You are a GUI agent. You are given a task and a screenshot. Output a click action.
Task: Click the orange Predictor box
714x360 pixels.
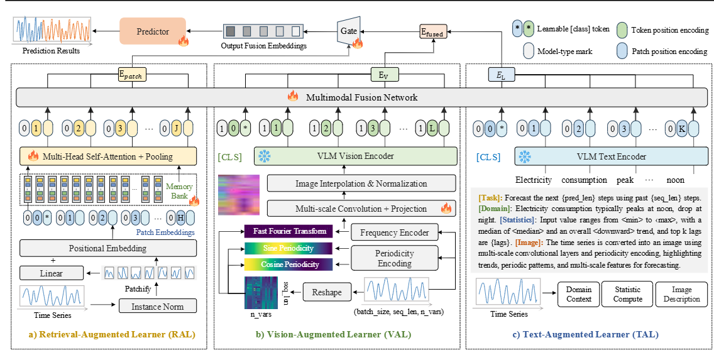point(153,31)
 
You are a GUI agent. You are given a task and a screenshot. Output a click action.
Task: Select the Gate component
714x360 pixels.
point(348,31)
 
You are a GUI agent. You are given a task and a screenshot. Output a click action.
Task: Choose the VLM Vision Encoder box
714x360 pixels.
point(356,155)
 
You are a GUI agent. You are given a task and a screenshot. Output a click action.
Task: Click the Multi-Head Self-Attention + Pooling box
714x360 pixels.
point(107,155)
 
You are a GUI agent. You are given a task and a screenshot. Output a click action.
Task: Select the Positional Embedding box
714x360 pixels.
point(107,248)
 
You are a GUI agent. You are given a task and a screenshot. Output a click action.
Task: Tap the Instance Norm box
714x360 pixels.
point(158,306)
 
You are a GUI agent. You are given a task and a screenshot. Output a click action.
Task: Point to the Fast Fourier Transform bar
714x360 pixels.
point(288,231)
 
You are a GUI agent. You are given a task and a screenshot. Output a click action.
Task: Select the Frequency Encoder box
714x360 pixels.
point(393,232)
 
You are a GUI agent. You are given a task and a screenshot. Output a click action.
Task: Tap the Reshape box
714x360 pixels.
point(326,292)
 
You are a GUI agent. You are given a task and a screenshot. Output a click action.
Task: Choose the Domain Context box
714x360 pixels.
point(578,294)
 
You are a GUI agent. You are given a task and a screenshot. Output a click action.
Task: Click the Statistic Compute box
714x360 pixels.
point(627,294)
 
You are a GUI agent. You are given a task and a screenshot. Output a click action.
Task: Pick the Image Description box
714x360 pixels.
point(681,294)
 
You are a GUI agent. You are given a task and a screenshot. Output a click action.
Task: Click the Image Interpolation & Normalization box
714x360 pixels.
point(361,183)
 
